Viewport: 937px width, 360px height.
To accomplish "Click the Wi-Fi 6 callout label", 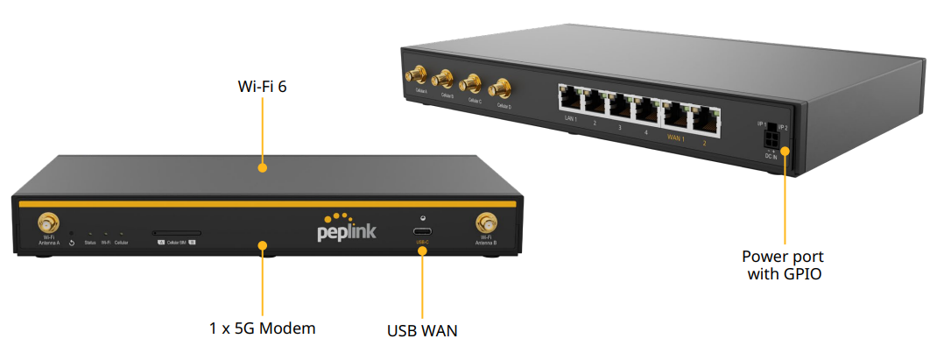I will click(x=263, y=88).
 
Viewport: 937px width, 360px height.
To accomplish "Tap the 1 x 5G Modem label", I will click(x=262, y=328).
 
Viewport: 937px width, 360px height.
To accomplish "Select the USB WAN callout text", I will click(x=422, y=331).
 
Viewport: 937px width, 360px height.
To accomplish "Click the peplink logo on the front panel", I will click(x=348, y=230).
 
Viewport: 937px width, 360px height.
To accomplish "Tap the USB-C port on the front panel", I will click(x=422, y=232).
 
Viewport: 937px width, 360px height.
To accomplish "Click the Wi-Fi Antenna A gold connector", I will click(x=48, y=222).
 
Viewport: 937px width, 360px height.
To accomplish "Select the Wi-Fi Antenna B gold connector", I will click(x=484, y=222).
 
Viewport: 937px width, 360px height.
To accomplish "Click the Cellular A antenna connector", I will click(x=418, y=76).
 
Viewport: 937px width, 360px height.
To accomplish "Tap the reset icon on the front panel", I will click(x=72, y=242).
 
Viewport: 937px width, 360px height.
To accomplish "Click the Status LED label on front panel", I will click(x=90, y=242).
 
